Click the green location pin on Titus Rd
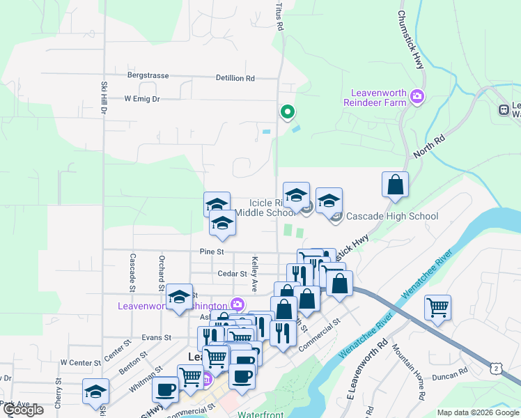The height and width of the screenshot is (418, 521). [286, 111]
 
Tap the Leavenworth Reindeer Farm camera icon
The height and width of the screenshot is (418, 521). [417, 96]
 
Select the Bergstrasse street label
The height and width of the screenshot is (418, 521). [148, 75]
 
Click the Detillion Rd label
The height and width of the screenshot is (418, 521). [235, 79]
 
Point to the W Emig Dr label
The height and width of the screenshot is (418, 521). [142, 99]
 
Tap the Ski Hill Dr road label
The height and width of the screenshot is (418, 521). [103, 98]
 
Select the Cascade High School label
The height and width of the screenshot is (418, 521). [392, 216]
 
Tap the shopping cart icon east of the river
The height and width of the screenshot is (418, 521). [437, 307]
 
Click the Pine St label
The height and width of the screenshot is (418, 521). [211, 251]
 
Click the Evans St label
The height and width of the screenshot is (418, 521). [157, 337]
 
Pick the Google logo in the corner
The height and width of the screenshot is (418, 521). [23, 410]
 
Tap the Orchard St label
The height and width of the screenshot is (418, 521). [161, 272]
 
